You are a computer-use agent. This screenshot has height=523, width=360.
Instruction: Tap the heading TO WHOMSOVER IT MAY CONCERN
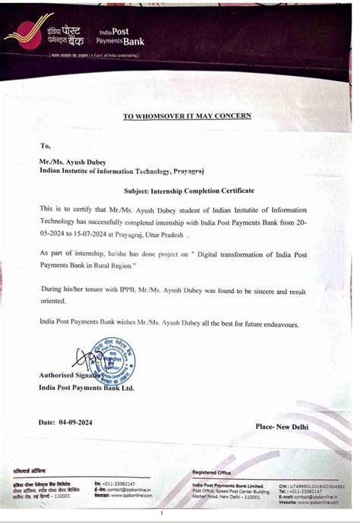click(187, 116)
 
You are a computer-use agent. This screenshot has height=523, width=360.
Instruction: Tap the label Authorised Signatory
click(69, 375)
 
